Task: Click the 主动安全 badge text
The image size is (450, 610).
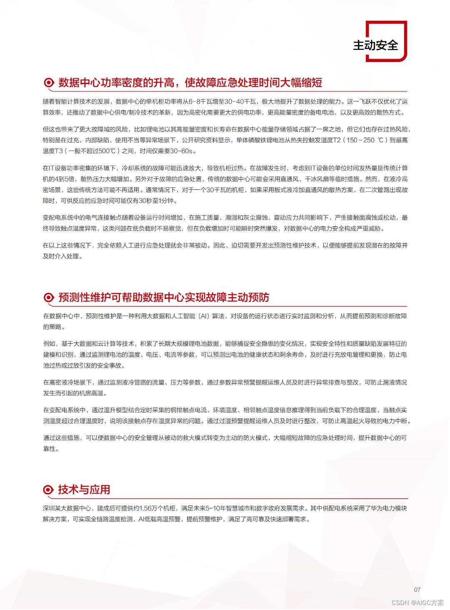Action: point(375,45)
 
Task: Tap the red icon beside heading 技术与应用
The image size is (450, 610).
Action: point(49,490)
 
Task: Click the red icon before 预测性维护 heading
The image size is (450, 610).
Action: point(49,298)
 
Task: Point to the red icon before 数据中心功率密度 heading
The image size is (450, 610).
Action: point(49,83)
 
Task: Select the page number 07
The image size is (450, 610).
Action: point(417,590)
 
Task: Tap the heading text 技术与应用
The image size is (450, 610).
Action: point(84,490)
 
